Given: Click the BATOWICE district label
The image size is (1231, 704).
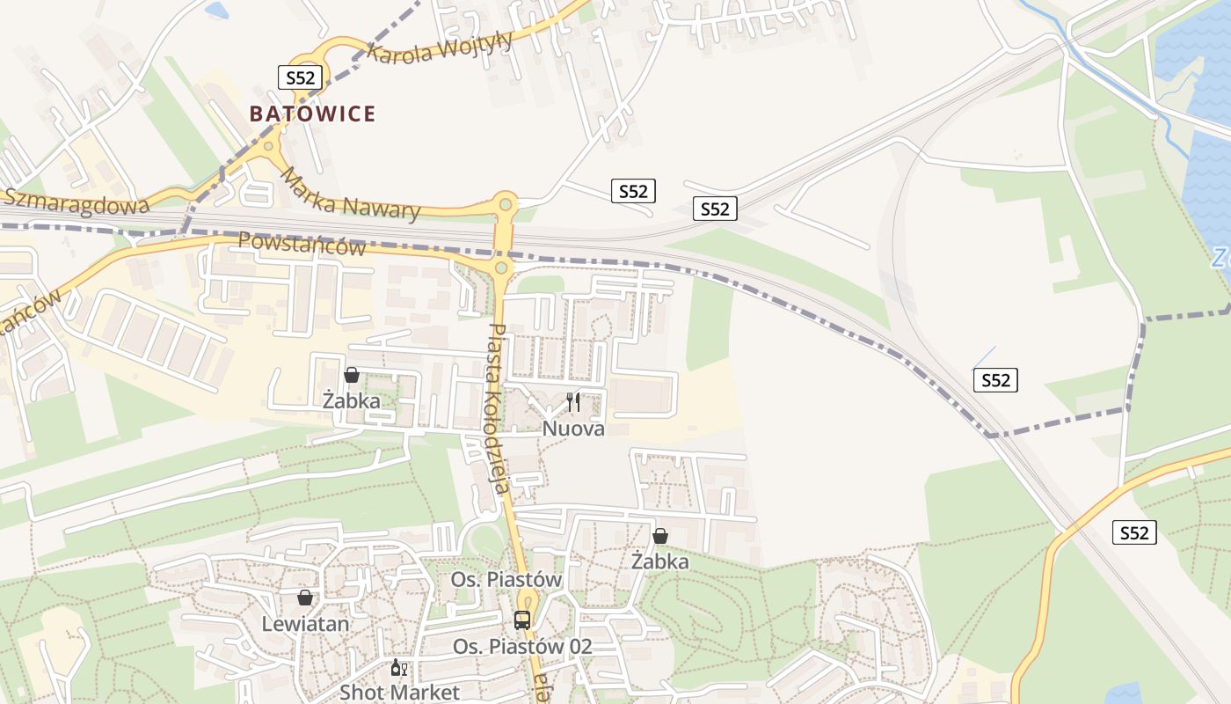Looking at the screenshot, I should (312, 114).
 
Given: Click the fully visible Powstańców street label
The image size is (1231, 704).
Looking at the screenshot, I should (302, 244).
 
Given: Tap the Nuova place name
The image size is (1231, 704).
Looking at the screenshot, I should (573, 429).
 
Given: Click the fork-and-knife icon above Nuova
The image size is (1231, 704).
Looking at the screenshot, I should (573, 402).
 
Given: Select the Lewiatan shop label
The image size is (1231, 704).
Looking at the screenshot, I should (305, 624).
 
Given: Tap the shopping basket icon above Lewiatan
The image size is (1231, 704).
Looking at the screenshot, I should (305, 598).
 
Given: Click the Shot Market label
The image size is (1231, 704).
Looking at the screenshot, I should (399, 692).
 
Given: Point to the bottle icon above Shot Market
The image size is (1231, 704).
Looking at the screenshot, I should (397, 668).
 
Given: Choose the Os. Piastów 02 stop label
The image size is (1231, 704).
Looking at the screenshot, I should (522, 647).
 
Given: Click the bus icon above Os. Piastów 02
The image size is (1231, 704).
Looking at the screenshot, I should (522, 620).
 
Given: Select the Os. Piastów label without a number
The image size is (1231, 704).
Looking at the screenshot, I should (506, 580).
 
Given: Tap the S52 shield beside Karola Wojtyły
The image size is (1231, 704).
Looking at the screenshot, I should (300, 77).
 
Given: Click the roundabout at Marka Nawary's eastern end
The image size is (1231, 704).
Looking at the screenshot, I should (506, 204).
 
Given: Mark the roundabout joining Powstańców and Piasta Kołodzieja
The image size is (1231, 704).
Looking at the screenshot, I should (501, 266).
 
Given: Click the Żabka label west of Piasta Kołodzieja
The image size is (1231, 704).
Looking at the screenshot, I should (351, 400).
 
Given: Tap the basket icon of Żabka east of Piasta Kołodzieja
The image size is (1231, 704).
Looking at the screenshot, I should (660, 535).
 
